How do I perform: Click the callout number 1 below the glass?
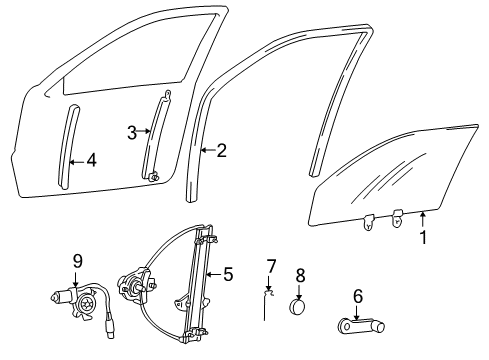coord(423,238)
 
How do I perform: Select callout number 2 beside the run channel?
coord(222,151)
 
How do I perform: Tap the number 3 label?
coord(132,133)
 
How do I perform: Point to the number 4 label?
coord(91,160)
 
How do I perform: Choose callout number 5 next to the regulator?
coord(228,274)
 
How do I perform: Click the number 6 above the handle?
coord(358,296)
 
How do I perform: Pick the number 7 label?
coord(271,267)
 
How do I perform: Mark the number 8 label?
coord(300,276)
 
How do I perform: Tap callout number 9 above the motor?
coord(77,261)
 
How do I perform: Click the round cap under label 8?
coord(297,306)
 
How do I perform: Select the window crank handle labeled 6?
coord(361,326)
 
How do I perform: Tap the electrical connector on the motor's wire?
coord(110,327)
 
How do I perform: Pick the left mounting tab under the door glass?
coord(368,221)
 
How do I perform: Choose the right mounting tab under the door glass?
coord(397,218)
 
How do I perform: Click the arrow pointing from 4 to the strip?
coord(77,162)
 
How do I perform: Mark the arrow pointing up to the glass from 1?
coord(423,220)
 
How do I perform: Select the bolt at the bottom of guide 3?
coord(154,176)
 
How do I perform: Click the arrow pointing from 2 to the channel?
coord(207,150)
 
